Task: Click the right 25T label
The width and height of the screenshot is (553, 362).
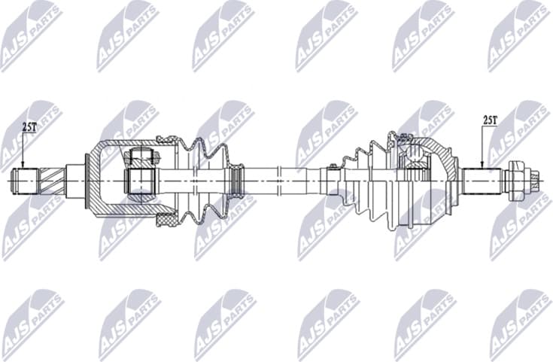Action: [x=490, y=120]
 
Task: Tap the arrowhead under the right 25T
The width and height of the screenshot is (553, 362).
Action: [x=482, y=164]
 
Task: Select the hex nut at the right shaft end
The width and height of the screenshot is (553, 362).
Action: [x=516, y=180]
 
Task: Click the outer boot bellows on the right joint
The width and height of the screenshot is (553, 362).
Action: [x=369, y=181]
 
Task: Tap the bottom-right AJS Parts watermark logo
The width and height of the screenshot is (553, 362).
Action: [x=519, y=324]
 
